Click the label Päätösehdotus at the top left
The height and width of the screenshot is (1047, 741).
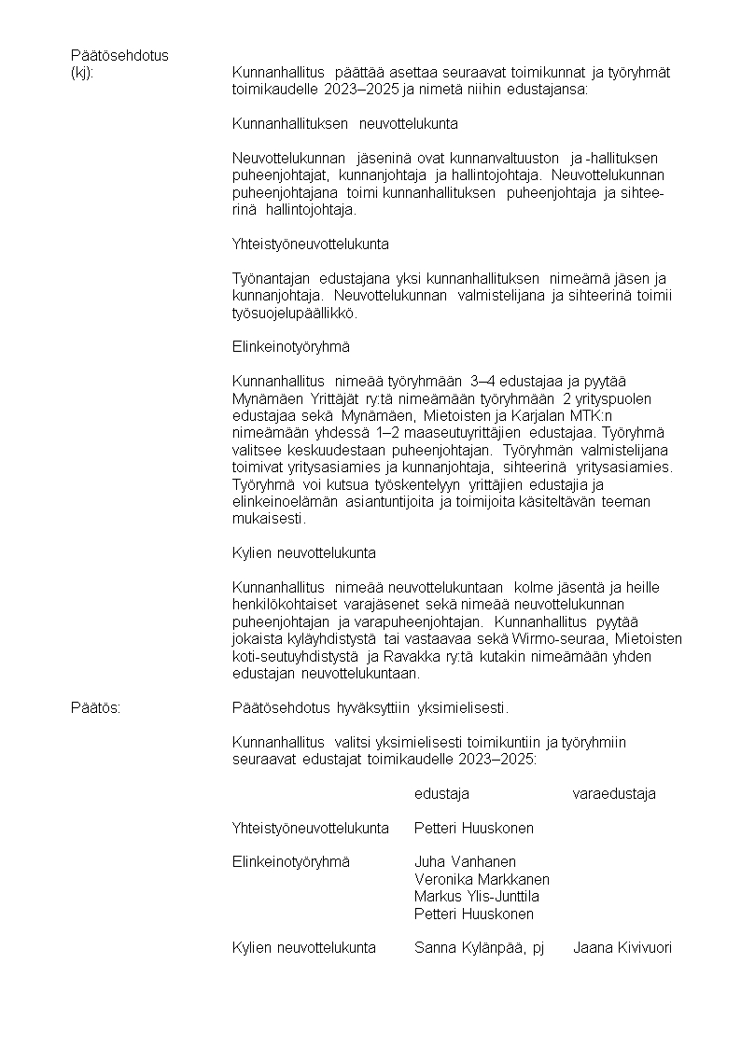[119, 55]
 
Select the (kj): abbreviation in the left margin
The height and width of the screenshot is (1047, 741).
[82, 73]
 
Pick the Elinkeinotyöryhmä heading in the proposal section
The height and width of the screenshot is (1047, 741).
[290, 347]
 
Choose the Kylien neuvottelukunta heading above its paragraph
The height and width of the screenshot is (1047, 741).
[304, 553]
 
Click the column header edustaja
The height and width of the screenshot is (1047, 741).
[441, 794]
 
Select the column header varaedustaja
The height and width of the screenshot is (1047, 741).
[613, 794]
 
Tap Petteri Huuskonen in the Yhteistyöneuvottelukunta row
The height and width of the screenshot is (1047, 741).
[474, 828]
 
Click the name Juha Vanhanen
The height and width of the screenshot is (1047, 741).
[465, 862]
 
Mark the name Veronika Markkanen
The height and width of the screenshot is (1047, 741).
[482, 879]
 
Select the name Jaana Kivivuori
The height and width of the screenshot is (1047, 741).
[622, 948]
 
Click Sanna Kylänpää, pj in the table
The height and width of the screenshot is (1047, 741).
[479, 948]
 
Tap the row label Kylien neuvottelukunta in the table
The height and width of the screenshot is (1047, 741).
[304, 948]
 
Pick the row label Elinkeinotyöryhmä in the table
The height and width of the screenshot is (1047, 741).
[290, 862]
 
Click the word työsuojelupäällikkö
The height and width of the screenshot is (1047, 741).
[294, 314]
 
